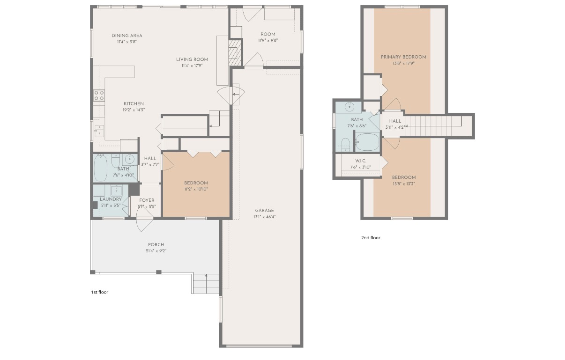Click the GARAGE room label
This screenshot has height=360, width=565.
point(264,211)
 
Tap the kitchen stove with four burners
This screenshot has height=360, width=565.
point(99,96)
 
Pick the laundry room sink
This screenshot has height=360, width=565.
point(116,191)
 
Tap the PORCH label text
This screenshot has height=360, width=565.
point(156,245)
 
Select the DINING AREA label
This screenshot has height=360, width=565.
point(127,36)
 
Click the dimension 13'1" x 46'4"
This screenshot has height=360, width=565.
point(264,217)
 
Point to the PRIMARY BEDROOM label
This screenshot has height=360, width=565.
point(403,57)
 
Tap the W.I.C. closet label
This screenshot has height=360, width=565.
point(360,161)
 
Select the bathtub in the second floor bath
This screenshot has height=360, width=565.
point(368,141)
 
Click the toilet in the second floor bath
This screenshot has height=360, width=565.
point(345,144)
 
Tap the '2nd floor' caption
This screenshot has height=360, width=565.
point(371,238)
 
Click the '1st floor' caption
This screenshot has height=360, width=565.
point(99,292)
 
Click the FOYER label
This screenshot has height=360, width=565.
point(147,200)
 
